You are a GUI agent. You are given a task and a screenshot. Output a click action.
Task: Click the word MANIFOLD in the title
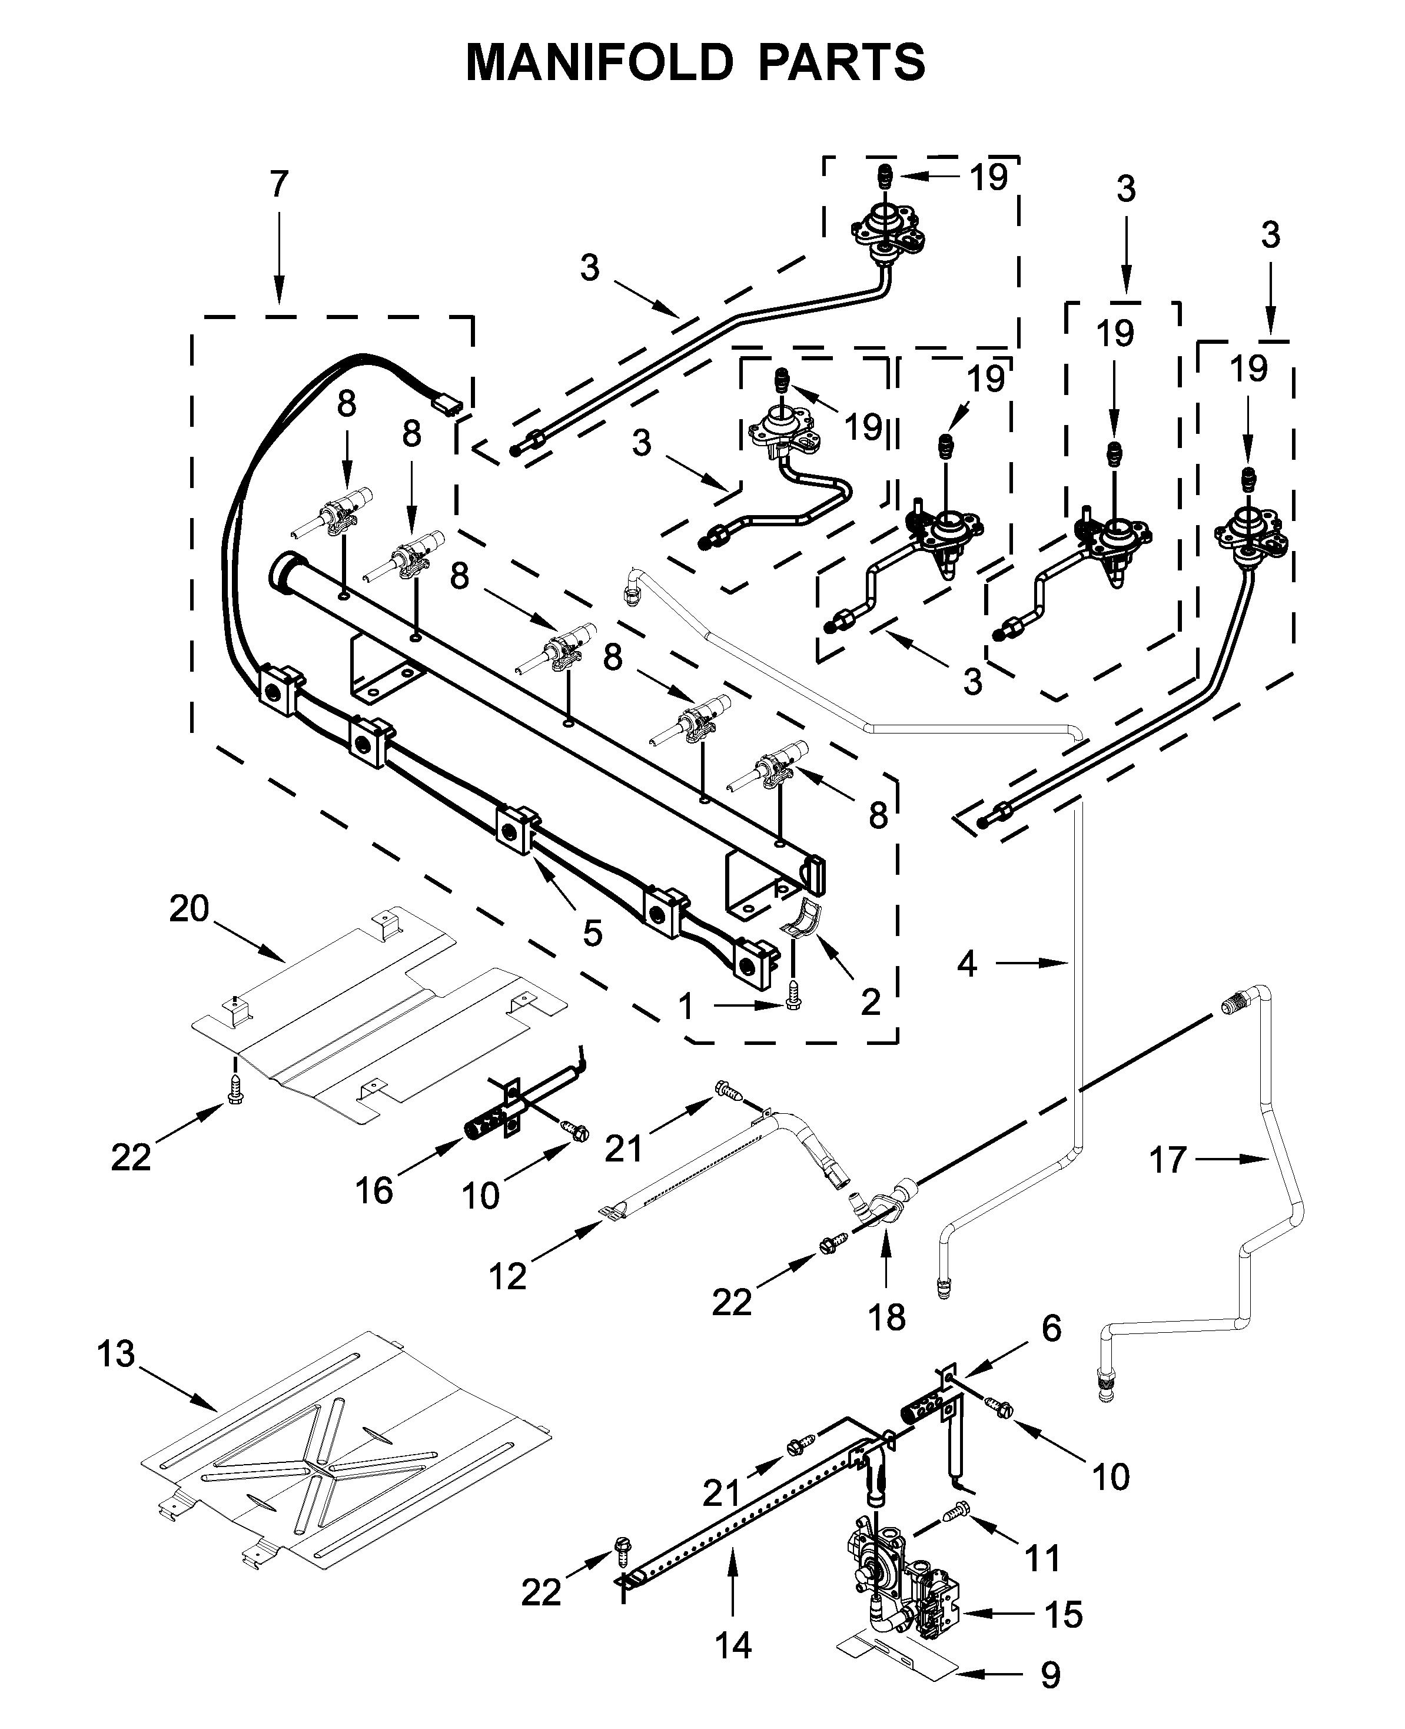[600, 63]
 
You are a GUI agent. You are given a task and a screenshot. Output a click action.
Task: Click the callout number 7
[278, 185]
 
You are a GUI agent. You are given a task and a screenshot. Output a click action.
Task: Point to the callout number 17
[1168, 1161]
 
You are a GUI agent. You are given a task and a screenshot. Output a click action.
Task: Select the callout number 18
[886, 1317]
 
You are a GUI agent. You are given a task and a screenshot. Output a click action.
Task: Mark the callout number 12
[507, 1276]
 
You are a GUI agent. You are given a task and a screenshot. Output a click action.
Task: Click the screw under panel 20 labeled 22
[235, 1088]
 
